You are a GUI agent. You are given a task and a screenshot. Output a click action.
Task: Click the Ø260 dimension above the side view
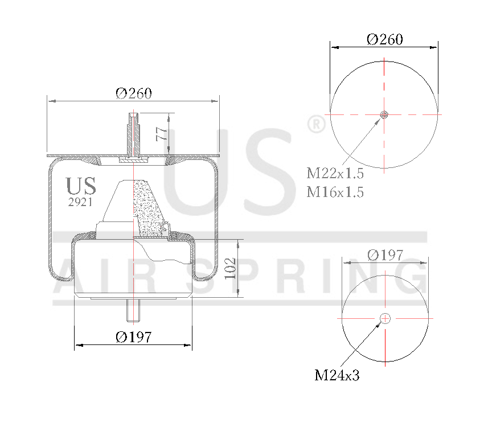click(x=134, y=94)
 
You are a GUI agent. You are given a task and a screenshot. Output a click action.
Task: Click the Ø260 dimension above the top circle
click(x=385, y=39)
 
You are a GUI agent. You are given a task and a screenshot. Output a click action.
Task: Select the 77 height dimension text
click(x=162, y=134)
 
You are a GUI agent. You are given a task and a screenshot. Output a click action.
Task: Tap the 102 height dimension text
click(x=229, y=268)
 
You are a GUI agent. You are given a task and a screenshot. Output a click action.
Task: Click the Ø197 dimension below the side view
click(x=134, y=337)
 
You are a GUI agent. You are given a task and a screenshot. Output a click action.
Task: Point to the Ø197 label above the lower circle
click(x=385, y=254)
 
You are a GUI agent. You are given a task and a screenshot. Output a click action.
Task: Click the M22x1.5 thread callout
click(x=335, y=174)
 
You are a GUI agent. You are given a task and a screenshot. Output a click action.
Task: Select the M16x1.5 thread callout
click(x=335, y=192)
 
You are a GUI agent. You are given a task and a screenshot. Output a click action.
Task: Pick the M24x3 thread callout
click(x=337, y=375)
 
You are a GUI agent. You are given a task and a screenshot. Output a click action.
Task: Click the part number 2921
click(x=81, y=202)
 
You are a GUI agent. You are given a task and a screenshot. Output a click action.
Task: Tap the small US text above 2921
click(x=81, y=186)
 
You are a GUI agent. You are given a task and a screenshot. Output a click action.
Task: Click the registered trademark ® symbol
click(x=315, y=124)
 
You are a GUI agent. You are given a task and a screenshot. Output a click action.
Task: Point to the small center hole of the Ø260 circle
click(x=384, y=114)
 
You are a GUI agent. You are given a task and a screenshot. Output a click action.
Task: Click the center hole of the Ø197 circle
click(x=385, y=318)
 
